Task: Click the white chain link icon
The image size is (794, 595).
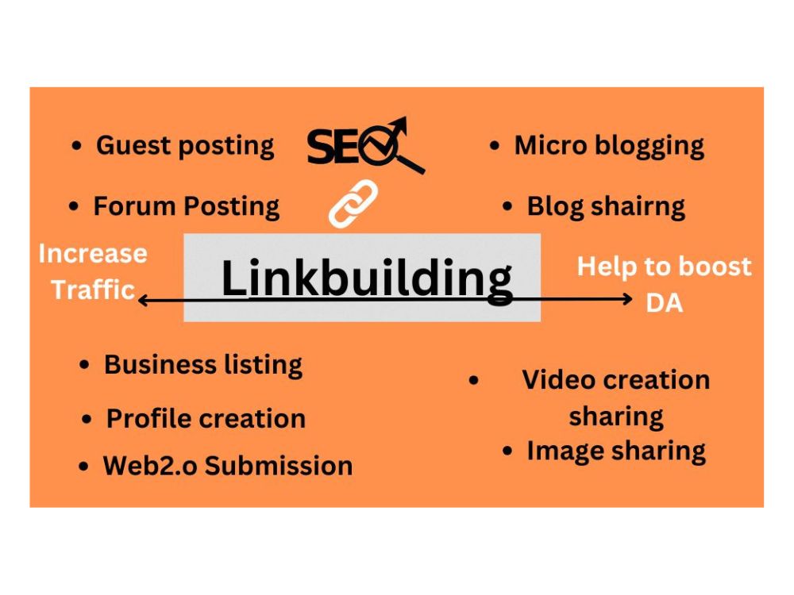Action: point(353,203)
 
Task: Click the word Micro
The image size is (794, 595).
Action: point(550,145)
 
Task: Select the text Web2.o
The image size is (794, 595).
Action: point(150,466)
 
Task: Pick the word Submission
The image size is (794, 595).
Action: point(279,466)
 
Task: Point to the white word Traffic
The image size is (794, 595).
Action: point(93,290)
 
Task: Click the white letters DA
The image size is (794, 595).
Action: point(665,303)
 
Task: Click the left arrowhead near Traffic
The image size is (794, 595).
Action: point(142,301)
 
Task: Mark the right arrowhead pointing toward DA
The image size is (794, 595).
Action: point(628,299)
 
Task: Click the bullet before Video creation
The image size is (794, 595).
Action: point(473,380)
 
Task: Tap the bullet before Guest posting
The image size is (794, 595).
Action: point(76,146)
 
